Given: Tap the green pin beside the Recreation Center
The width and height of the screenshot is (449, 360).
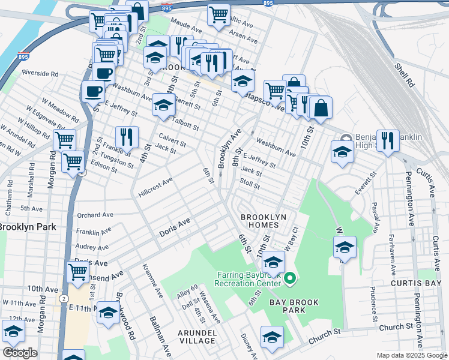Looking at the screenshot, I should pos(290,278).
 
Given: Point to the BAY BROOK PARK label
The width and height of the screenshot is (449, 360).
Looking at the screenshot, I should pos(279,306).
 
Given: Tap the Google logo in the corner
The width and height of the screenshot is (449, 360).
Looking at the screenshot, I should pos(19,353).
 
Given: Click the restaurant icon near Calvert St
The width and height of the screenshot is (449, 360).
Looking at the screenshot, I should pos(127,137).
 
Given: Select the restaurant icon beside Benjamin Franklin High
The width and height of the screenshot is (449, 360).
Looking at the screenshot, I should pos(388,141).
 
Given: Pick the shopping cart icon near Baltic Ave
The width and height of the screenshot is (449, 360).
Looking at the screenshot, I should pos(219,14).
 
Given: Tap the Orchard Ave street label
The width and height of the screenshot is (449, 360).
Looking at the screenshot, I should pos(95,215).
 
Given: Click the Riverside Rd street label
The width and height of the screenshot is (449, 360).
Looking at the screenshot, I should pos(40,73).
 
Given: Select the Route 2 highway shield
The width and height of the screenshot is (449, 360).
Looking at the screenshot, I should pos(65,298).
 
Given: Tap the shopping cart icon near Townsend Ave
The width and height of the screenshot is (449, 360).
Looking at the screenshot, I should pos(78,271).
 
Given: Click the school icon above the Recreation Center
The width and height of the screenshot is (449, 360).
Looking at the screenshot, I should pos(274,262).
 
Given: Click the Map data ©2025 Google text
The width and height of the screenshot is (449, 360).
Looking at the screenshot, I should pos(411,355).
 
